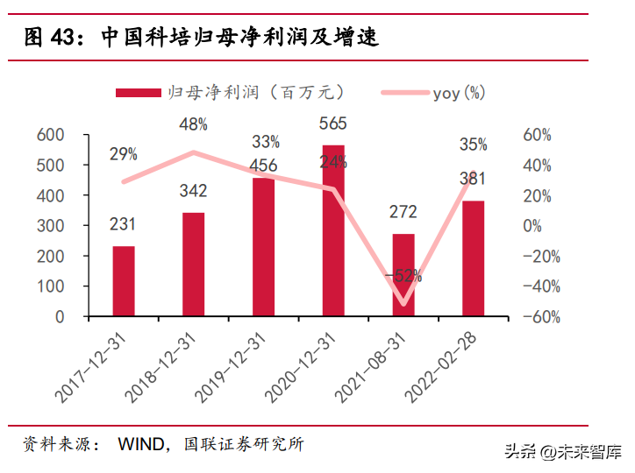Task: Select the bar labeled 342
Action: pos(194,265)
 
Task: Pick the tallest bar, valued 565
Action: pos(333,230)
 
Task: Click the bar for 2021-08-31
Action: pos(403,275)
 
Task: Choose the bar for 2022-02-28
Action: pos(473,258)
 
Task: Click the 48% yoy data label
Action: pos(193,124)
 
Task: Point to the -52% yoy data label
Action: pos(403,275)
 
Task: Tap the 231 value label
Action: pos(123,225)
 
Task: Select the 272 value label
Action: pos(403,212)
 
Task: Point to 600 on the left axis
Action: pos(51,135)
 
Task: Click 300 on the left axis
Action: pos(51,226)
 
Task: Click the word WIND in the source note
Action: pos(139,445)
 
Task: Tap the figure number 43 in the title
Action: pos(62,38)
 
